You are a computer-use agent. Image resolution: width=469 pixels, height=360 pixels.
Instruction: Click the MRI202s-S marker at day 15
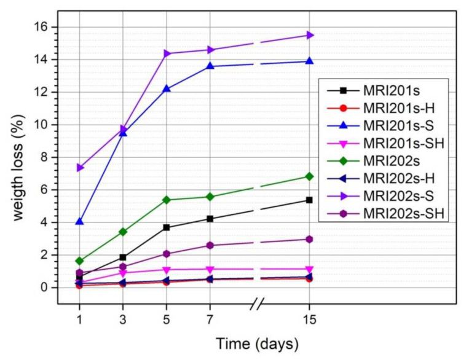point(310,35)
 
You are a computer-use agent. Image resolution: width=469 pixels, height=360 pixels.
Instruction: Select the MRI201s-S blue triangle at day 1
point(79,222)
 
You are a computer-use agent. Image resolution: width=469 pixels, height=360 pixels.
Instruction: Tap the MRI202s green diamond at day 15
point(310,176)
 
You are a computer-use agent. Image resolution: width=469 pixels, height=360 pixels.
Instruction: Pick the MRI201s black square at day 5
point(166,227)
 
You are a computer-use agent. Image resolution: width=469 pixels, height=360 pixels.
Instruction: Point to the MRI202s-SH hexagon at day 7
point(210,245)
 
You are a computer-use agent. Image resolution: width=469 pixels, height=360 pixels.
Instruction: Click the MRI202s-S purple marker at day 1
point(80,168)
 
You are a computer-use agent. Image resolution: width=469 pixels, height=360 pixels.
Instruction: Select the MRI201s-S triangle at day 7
point(210,66)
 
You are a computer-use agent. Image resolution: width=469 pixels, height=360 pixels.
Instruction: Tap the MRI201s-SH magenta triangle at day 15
point(310,269)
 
